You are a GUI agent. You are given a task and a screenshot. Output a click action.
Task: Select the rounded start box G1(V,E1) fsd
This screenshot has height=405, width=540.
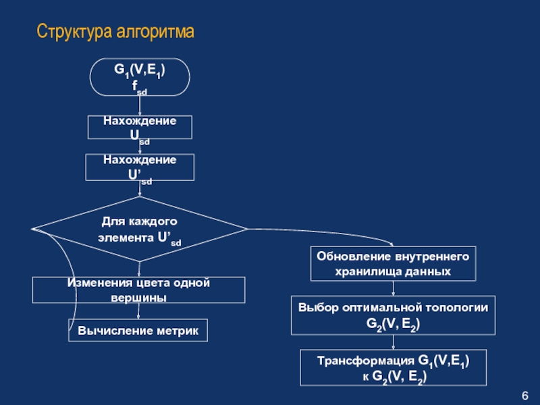(140, 77)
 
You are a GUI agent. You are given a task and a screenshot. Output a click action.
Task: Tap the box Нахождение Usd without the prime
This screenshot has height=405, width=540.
(140, 128)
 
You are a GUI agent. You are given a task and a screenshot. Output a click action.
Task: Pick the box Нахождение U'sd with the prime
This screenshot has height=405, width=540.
(140, 167)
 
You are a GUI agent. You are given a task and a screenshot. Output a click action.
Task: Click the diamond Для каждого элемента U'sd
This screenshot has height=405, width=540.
(140, 230)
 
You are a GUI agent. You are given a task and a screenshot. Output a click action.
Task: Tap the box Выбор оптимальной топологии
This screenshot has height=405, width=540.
(393, 315)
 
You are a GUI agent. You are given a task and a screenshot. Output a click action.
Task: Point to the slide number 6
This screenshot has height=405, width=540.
(525, 395)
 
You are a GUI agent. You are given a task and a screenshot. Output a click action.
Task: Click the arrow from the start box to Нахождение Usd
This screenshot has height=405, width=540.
(140, 106)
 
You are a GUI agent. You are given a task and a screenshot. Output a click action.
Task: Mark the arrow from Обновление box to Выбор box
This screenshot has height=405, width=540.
(394, 288)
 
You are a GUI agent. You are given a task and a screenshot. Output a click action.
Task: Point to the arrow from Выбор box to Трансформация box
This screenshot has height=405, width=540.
(394, 342)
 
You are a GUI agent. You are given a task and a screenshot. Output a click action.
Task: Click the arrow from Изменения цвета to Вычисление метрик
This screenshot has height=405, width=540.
(140, 312)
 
